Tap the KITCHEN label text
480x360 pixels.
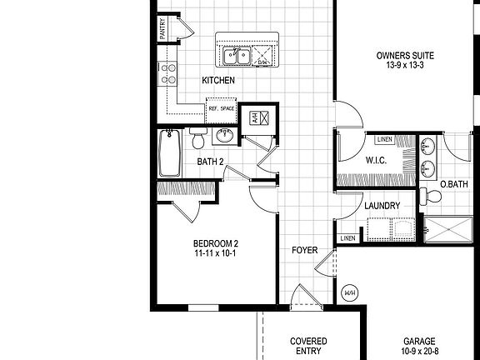pos(218,81)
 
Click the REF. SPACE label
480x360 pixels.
pos(222,107)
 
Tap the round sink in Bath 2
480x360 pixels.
pos(224,135)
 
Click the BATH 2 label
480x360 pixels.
pos(210,162)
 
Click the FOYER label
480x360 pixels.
pos(303,250)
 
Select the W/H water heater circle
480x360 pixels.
pos(348,292)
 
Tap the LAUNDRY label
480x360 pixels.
pos(382,206)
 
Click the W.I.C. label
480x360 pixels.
pos(375,159)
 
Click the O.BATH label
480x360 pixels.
pos(453,184)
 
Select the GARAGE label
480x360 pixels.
pos(420,342)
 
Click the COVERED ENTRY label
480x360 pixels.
pos(308,347)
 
